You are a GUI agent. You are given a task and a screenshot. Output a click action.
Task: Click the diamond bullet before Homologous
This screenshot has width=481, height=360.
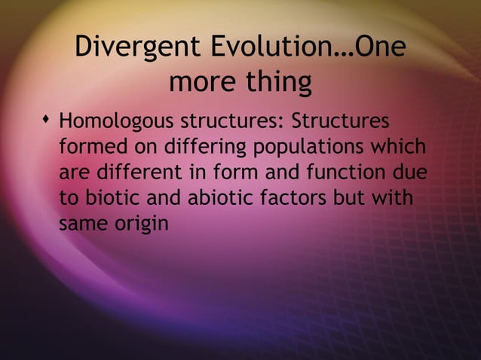(47, 121)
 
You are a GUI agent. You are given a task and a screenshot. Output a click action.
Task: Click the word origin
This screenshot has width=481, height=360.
(139, 224)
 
